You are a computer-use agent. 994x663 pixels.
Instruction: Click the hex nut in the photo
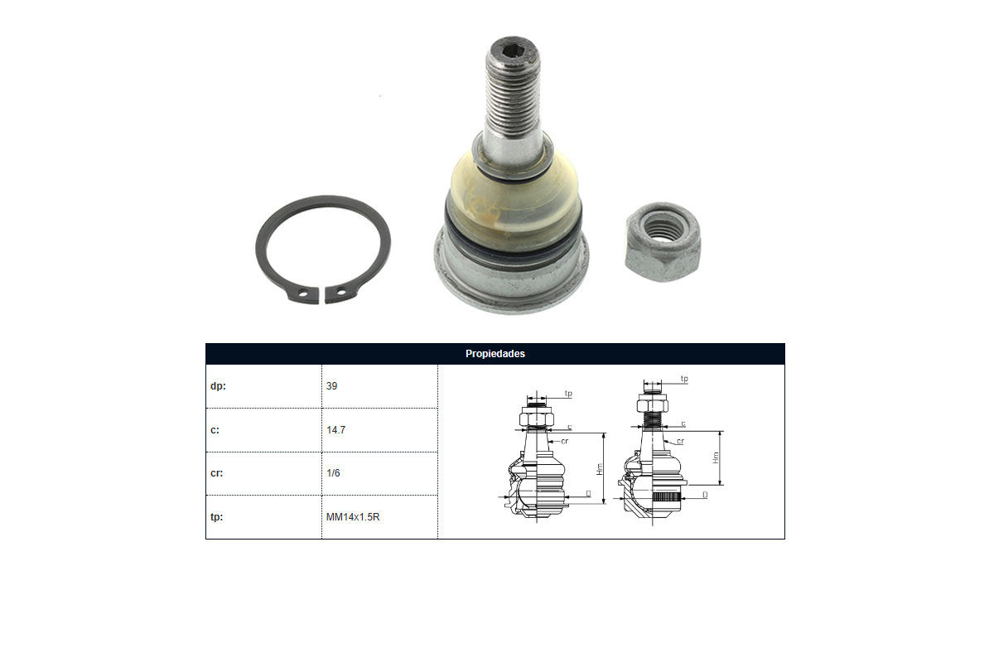point(663,242)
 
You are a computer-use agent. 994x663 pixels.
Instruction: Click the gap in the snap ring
point(321,295)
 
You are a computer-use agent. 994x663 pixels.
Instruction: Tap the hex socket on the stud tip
point(513,51)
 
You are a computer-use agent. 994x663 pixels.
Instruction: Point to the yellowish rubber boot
point(514,204)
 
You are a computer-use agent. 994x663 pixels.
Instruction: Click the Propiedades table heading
point(495,354)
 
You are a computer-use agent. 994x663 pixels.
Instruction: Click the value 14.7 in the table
point(335,430)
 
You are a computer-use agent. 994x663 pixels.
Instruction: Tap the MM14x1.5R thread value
point(353,517)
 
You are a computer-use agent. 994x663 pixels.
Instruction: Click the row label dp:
point(218,386)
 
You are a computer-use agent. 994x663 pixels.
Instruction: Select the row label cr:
point(216,473)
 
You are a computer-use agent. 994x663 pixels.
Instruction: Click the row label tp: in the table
point(216,517)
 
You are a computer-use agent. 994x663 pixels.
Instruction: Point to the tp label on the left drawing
point(568,394)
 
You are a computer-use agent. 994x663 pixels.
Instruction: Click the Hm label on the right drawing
point(716,457)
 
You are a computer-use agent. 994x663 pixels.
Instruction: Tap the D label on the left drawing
point(588,493)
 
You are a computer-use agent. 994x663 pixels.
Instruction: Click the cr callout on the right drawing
point(680,442)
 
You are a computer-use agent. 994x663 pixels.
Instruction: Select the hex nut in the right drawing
point(653,404)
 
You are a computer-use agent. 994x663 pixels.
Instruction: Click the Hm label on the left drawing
point(600,469)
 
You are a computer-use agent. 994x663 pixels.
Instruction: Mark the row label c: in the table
point(215,430)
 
